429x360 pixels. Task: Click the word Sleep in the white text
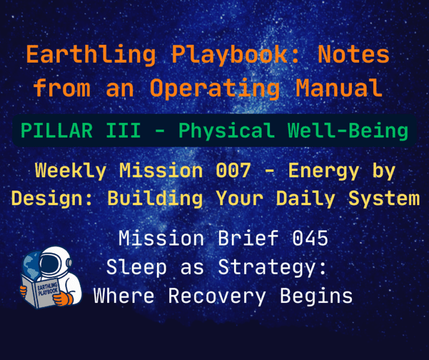136,268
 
